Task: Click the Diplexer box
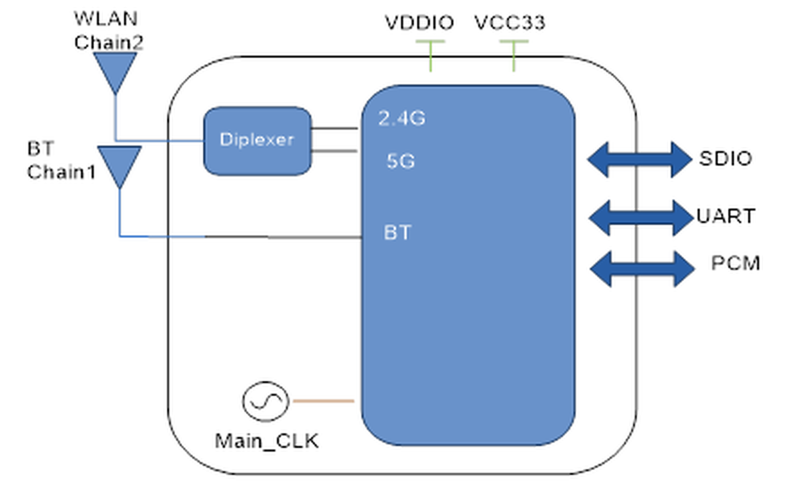(x=257, y=141)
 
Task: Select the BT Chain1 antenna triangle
(x=119, y=164)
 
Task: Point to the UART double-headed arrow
(x=641, y=218)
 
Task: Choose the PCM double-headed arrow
(x=642, y=269)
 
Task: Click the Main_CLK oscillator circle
(x=265, y=401)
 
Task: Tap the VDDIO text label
(x=419, y=23)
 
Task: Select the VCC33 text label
(x=510, y=23)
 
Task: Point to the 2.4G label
(x=402, y=118)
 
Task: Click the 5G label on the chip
(x=400, y=161)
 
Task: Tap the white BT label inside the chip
(x=397, y=232)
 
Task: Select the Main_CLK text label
(x=267, y=441)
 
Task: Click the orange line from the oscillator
(x=323, y=401)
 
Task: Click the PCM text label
(x=735, y=263)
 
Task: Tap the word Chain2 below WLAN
(x=109, y=42)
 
